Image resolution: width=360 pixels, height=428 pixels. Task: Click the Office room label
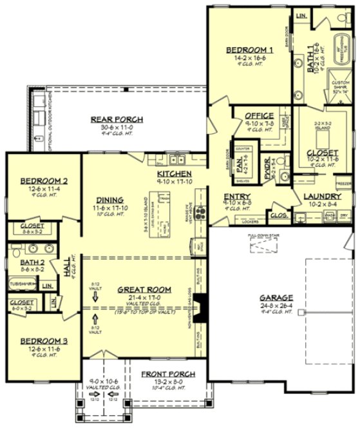pyautogui.click(x=260, y=115)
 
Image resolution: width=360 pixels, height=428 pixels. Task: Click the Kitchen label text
pyautogui.click(x=174, y=175)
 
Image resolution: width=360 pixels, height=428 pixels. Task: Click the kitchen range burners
pyautogui.click(x=201, y=213)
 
